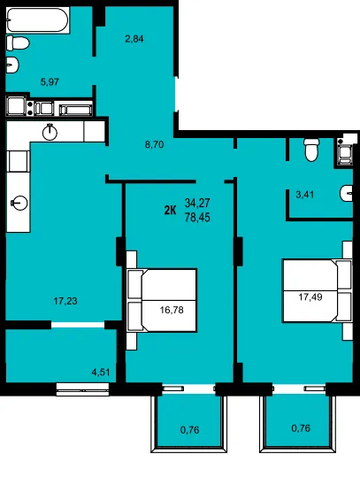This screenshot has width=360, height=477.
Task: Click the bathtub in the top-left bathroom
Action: [38, 19]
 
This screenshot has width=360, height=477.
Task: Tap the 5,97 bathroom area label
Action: [50, 81]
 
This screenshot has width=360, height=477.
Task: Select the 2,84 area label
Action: [134, 39]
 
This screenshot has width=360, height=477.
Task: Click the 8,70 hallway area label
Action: [154, 144]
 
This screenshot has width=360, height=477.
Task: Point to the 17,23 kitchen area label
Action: [65, 301]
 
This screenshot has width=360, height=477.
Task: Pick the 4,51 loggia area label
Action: [101, 372]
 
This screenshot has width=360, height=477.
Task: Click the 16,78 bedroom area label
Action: [172, 310]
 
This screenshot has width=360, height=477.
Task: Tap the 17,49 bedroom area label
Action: [310, 297]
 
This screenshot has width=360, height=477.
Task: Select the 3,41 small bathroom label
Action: [305, 194]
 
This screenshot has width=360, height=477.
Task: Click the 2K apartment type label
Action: [170, 210]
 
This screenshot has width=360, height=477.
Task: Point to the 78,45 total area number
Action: [197, 218]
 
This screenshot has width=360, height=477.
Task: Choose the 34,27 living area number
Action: [197, 203]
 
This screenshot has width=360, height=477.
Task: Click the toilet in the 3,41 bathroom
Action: [311, 150]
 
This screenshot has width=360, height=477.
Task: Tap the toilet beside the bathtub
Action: [18, 42]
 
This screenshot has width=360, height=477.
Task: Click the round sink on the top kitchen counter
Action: [50, 132]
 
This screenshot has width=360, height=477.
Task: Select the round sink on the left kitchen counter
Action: [19, 203]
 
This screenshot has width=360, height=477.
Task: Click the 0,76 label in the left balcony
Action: [189, 430]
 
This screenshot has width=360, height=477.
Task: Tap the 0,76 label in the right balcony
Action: [301, 428]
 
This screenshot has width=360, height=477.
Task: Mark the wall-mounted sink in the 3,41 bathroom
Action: [347, 194]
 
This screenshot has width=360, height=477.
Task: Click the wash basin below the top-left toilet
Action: [12, 65]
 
